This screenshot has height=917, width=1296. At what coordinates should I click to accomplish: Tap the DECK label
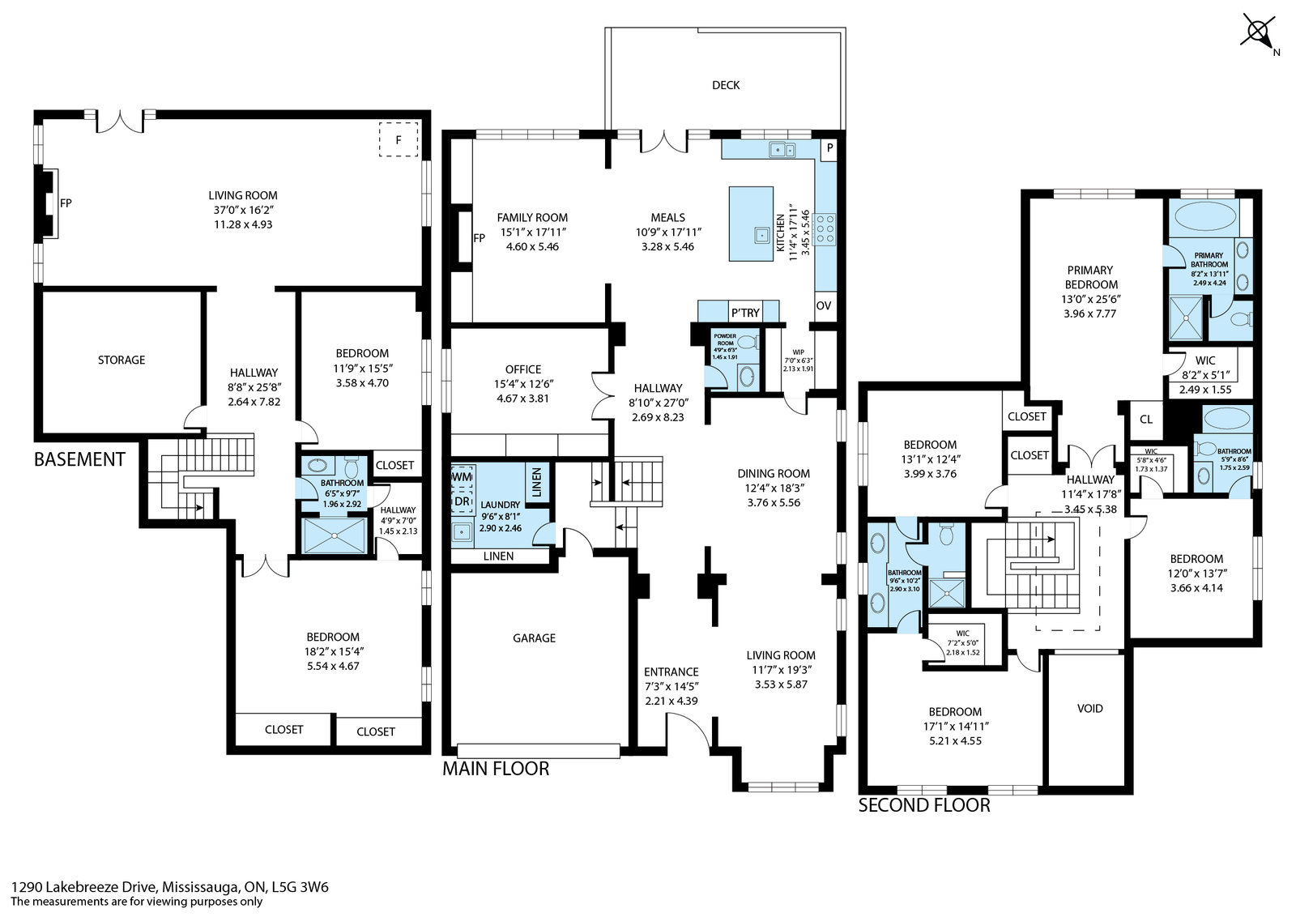(x=726, y=85)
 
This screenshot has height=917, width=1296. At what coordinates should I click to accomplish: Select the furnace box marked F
(x=398, y=139)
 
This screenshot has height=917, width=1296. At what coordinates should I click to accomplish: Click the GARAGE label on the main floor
(x=534, y=638)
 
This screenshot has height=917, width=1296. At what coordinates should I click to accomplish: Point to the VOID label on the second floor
(x=1089, y=708)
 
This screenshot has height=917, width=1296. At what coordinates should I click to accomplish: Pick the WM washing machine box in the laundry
(x=463, y=476)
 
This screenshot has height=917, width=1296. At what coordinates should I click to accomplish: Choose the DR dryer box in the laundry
(x=463, y=501)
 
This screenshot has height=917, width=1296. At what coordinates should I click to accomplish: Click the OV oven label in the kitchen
(x=823, y=305)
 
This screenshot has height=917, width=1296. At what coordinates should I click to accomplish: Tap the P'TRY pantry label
(x=745, y=313)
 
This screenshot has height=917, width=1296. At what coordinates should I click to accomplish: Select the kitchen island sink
(x=762, y=235)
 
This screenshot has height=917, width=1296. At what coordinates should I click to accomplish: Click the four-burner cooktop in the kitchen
(x=824, y=229)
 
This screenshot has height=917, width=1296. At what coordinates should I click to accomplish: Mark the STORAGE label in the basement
(x=122, y=360)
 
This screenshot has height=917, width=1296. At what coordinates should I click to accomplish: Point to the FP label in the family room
(x=479, y=238)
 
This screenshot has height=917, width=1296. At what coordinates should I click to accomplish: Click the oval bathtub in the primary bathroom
(x=1204, y=217)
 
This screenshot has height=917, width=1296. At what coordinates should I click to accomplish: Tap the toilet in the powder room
(x=749, y=342)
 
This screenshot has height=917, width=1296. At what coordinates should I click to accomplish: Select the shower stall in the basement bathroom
(x=335, y=535)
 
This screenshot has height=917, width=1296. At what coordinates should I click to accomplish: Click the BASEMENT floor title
(x=80, y=459)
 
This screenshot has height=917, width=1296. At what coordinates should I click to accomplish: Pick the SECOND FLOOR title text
(x=924, y=805)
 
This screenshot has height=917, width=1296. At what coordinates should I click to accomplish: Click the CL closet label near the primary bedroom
(x=1145, y=420)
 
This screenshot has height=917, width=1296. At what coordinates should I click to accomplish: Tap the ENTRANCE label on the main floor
(x=671, y=672)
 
